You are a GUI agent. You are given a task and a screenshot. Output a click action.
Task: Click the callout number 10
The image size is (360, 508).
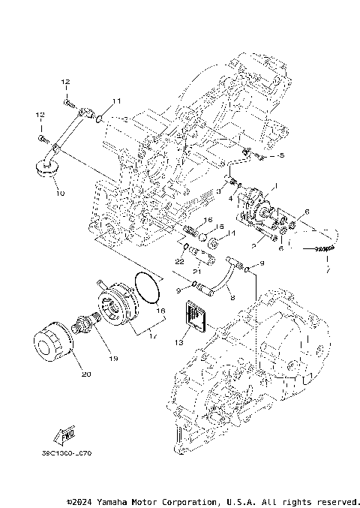pos(60,193)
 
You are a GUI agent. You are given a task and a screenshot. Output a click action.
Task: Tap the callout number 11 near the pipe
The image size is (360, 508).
pos(116,101)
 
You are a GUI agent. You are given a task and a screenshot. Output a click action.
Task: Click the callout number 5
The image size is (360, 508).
pos(281,155)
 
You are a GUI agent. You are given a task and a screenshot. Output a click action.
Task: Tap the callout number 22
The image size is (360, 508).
pos(178,260)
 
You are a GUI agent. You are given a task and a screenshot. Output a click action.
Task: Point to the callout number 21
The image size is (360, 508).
pos(195,271)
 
